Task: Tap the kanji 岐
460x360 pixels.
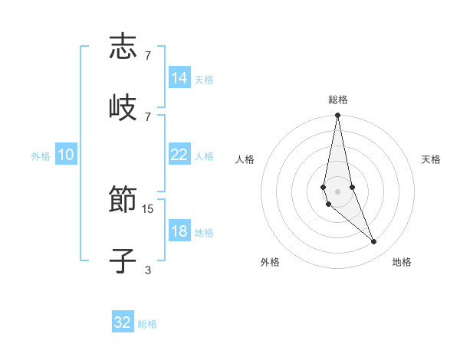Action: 123,107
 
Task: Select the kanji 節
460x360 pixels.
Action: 123,201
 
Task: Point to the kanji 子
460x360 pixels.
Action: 123,261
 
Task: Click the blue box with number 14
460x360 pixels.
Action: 179,78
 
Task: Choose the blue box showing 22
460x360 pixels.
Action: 179,155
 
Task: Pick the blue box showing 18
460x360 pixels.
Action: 179,231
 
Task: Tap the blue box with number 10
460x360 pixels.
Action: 66,155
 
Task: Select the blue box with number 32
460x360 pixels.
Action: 123,322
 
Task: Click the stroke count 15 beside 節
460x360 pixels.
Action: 148,208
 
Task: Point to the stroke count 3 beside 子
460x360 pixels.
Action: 148,270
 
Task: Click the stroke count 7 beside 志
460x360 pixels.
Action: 148,55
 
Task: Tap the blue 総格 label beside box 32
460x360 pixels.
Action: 147,324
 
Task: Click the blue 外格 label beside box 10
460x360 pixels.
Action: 41,156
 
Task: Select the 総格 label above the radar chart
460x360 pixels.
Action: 337,100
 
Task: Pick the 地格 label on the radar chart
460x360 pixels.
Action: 402,263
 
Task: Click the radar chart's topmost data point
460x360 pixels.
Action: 337,116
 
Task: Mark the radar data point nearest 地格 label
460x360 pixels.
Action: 374,242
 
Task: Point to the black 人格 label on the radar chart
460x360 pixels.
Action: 245,159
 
